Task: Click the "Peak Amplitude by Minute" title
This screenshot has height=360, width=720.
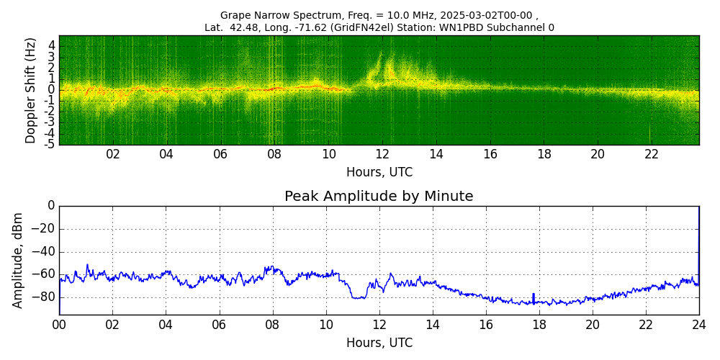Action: coord(379,197)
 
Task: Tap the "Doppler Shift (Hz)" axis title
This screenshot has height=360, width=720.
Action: coord(30,90)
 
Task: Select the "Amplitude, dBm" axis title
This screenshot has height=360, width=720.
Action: coord(19,260)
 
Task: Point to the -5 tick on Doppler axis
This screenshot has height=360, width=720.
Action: coord(50,144)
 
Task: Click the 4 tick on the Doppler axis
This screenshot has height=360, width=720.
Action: coord(52,45)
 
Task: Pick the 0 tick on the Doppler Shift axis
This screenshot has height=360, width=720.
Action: coord(52,90)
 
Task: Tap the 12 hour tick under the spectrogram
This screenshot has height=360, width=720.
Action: coord(382,154)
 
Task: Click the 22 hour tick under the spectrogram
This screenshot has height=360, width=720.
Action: coord(652,154)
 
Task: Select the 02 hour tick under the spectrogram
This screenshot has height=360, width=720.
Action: coord(113,154)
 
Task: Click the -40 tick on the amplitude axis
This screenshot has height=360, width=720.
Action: coord(44,252)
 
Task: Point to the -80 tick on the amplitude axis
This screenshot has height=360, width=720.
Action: coord(44,297)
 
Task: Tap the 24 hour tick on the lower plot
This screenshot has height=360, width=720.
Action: coord(699,325)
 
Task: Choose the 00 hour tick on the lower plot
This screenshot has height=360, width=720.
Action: coord(59,325)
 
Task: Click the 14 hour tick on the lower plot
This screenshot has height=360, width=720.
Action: coord(433,325)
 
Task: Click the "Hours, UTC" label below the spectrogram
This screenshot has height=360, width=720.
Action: coord(379,172)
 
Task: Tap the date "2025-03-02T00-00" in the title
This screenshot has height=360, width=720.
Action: coord(489,15)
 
